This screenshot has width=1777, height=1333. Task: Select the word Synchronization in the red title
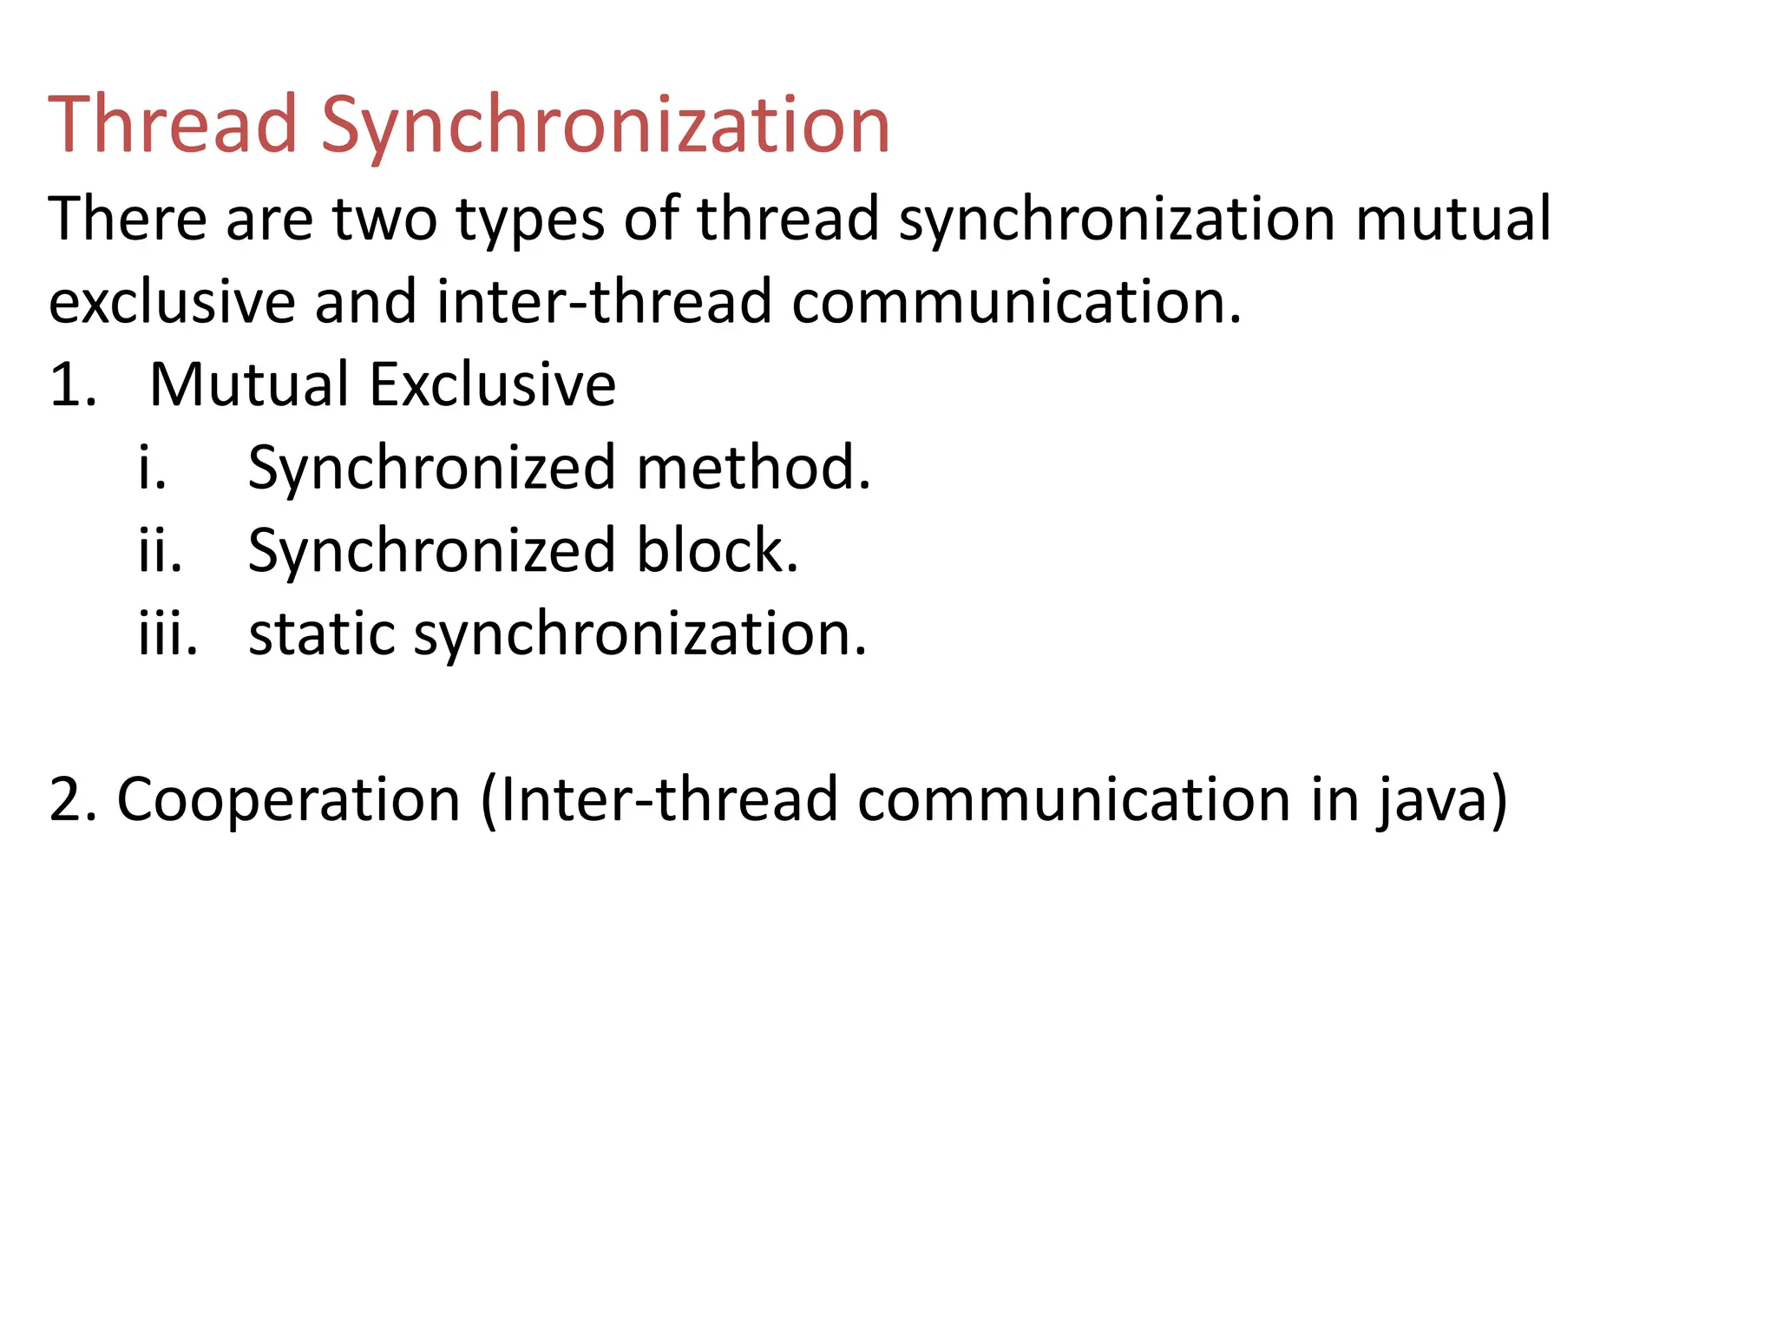coord(606,127)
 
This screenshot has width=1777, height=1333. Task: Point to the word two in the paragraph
coord(384,219)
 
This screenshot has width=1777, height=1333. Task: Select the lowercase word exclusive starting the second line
coord(171,301)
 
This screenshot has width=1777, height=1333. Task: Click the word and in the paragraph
coord(365,301)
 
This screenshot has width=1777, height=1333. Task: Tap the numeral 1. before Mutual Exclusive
coord(73,384)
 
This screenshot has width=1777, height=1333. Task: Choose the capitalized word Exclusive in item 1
coord(493,384)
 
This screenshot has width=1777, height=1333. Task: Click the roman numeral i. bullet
coord(153,468)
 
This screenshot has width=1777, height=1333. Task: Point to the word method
coord(753,468)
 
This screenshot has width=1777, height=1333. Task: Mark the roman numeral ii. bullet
coord(161,550)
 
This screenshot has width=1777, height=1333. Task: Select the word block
coord(717,550)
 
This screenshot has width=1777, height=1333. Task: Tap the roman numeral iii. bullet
coord(168,634)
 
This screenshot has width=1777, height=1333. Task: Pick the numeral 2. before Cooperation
coord(72,799)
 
